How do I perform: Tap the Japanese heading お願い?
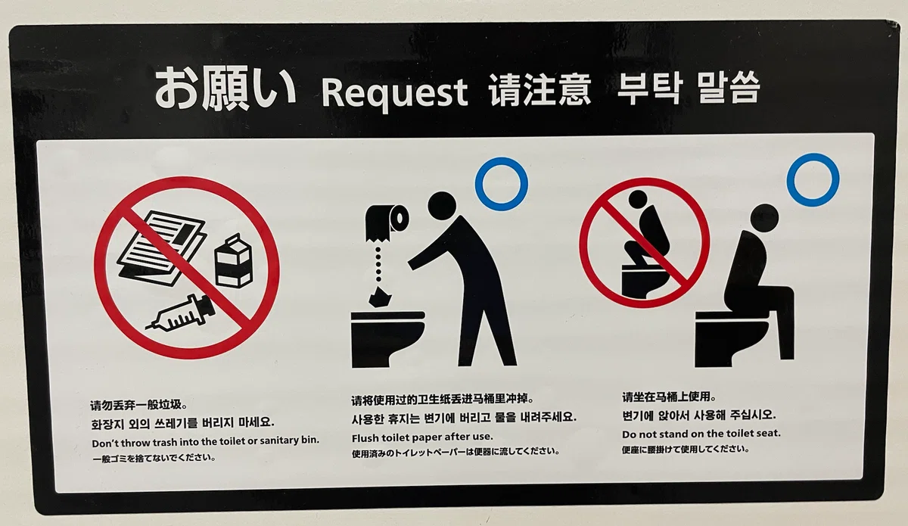[225, 89]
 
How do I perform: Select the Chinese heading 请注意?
[540, 90]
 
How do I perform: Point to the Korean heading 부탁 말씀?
[688, 88]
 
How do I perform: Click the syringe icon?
[181, 314]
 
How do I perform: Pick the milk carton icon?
[234, 261]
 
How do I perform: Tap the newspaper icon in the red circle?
[162, 247]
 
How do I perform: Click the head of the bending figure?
[442, 206]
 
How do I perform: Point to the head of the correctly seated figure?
[764, 218]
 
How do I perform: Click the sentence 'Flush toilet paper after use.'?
[422, 437]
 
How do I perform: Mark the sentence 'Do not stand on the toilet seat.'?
[701, 434]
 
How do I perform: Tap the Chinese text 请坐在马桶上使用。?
[669, 397]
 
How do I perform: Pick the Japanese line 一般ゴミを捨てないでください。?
[154, 459]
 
